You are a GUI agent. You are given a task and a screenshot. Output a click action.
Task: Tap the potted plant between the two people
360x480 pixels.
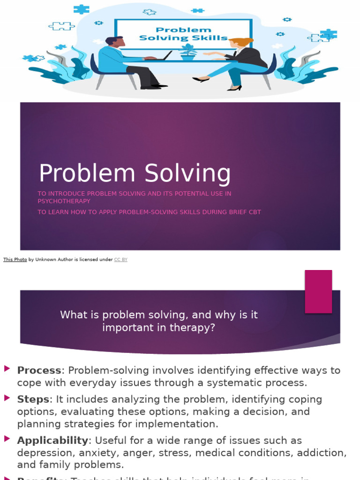[188, 52]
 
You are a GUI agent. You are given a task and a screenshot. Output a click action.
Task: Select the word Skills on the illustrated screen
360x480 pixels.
[210, 38]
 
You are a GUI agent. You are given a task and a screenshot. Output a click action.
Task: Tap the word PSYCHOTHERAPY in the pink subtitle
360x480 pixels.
[64, 201]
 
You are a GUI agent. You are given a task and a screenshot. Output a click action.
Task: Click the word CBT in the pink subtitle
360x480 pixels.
[254, 212]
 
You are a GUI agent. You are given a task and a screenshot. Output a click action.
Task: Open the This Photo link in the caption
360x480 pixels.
[15, 260]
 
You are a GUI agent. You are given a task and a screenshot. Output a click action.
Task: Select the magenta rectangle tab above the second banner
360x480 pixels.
[318, 291]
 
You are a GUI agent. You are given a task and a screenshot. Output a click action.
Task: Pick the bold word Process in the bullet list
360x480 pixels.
[39, 370]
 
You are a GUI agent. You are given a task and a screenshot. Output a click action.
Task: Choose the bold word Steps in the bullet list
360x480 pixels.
[33, 399]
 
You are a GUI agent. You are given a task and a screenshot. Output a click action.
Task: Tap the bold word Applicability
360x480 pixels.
[52, 441]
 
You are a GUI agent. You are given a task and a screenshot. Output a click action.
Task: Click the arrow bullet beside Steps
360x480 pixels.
[7, 398]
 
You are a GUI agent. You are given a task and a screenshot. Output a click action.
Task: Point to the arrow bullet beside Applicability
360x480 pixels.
[7, 439]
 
